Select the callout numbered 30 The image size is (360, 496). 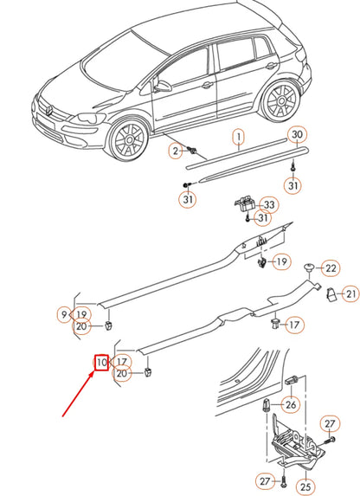click(297, 135)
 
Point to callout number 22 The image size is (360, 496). click(331, 267)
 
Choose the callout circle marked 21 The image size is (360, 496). click(350, 295)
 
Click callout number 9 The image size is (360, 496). click(63, 313)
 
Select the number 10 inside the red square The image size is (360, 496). click(101, 362)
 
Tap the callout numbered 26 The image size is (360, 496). click(290, 403)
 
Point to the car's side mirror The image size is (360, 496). click(163, 87)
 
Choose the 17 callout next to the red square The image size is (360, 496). click(122, 362)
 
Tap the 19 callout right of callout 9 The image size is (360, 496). click(81, 313)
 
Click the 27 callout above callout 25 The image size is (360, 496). click(328, 423)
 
